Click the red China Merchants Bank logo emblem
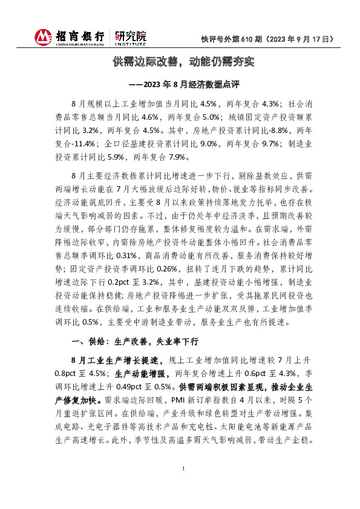pyautogui.click(x=44, y=37)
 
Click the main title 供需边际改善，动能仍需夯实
pyautogui.click(x=180, y=62)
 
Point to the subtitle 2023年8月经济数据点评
pyautogui.click(x=188, y=85)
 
